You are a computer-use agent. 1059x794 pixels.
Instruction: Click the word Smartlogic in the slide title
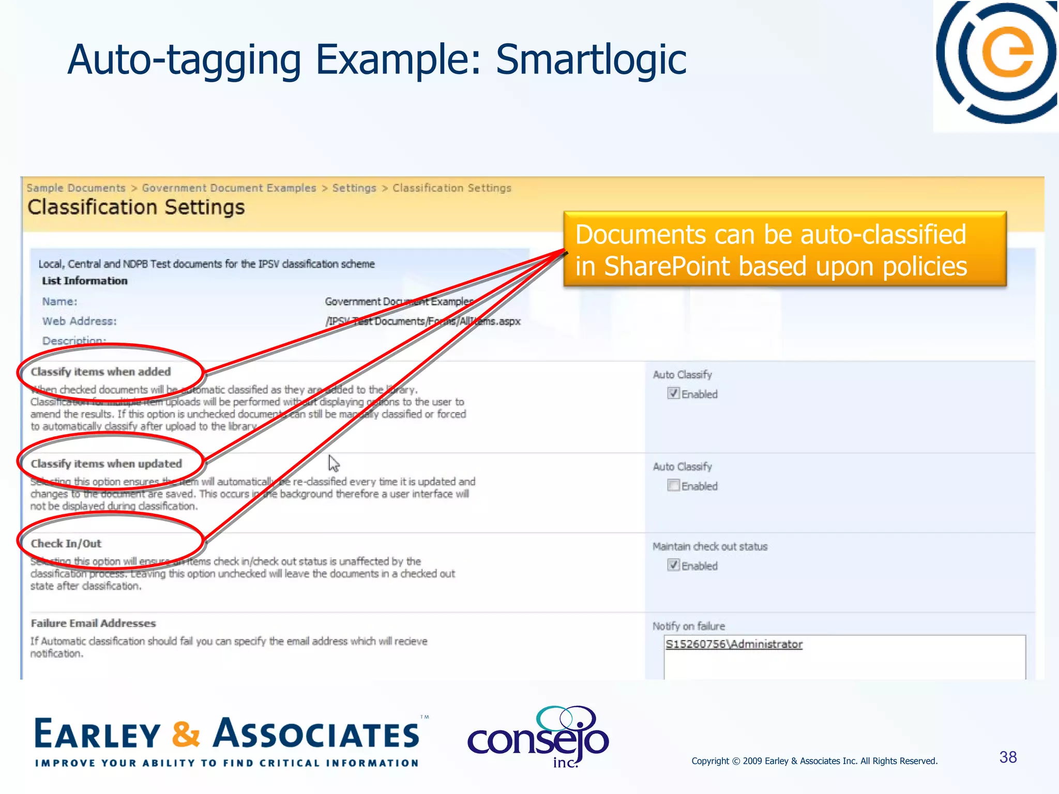591,60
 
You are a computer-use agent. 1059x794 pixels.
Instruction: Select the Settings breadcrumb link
354,188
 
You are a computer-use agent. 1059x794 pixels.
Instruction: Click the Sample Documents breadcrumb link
76,188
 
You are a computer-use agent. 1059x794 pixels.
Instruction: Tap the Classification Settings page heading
136,207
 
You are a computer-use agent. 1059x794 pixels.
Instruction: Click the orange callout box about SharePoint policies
784,250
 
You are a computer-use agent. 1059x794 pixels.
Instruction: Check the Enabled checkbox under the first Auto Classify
673,393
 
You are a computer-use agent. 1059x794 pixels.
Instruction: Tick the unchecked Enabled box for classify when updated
673,485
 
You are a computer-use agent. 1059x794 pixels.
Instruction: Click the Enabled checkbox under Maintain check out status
673,565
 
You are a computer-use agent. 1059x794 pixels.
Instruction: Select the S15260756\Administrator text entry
734,644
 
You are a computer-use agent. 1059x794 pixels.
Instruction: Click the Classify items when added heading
101,372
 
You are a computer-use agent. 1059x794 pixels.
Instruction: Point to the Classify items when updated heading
107,464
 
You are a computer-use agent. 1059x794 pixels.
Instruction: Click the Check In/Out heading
66,543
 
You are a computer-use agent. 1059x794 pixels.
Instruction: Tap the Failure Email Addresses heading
93,623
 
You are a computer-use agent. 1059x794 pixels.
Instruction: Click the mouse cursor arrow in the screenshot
334,463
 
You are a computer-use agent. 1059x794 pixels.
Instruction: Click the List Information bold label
85,281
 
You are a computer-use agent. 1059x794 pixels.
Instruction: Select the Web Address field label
80,321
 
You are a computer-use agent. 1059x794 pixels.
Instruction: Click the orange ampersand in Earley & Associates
186,734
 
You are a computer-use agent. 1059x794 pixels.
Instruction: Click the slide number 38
1008,757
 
